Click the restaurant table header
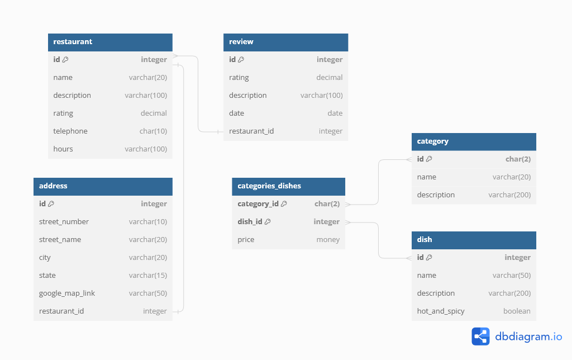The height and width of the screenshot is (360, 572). coord(73,42)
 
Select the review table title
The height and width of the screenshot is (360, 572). coord(241,42)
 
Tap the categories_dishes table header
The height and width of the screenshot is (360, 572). coord(269,186)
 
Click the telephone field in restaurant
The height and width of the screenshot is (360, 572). coord(70,131)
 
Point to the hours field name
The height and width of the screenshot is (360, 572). coord(63,149)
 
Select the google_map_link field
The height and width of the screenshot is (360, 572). coord(67,293)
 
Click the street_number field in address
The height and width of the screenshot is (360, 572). coord(64,222)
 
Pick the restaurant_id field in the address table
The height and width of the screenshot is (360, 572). coord(61,311)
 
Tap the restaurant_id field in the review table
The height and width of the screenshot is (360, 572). coord(251,131)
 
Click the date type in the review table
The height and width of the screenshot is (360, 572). coord(335,113)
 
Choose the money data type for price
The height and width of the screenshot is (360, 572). coord(328,240)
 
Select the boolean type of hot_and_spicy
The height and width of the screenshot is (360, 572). coord(517,311)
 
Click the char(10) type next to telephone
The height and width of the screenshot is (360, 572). coord(153,131)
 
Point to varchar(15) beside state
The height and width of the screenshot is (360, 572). coord(148,276)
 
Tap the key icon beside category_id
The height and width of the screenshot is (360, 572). coord(284,204)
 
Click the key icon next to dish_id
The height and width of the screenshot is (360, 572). coord(268,222)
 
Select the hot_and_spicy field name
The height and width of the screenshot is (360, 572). coord(441,311)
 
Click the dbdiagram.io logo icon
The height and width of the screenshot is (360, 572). coord(480,337)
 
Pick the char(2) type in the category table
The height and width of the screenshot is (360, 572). coord(518,159)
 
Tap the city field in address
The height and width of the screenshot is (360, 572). coord(45,258)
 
